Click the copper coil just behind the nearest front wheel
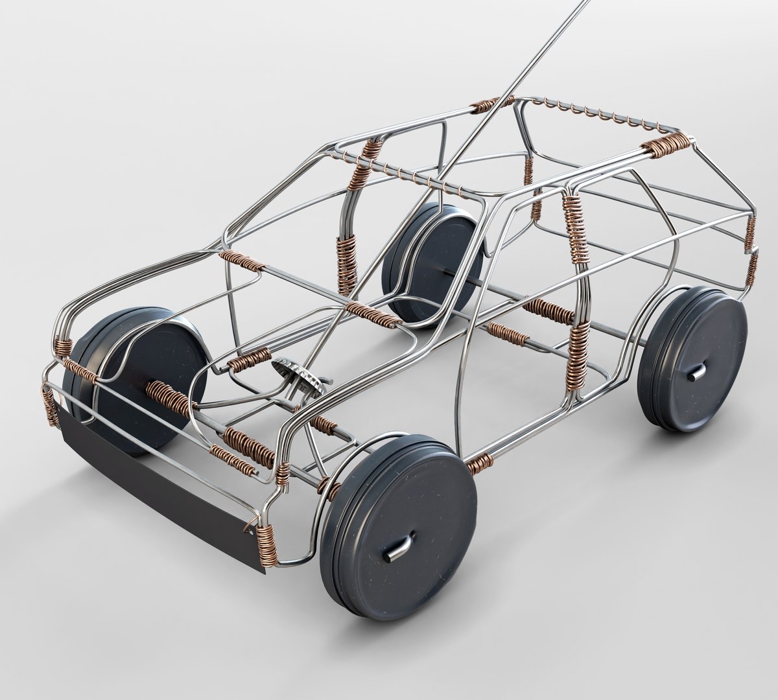[x=480, y=461]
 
